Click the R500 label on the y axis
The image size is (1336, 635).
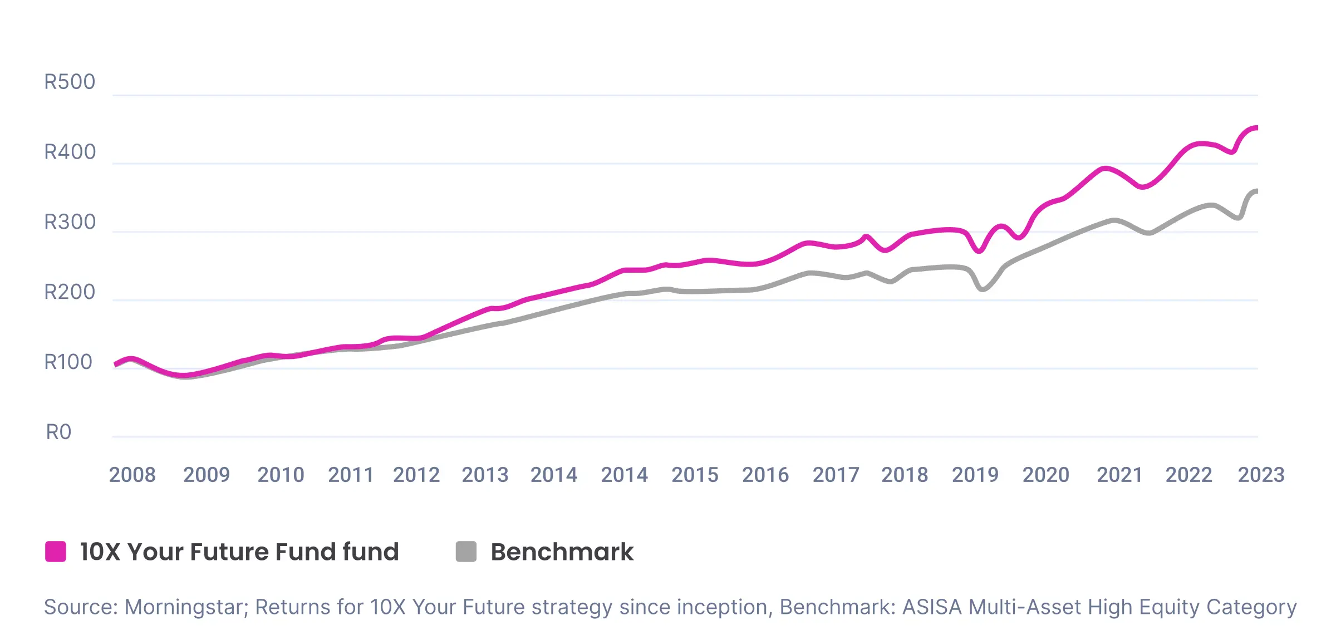click(70, 82)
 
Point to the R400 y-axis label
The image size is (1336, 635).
click(70, 152)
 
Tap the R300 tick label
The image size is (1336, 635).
click(70, 222)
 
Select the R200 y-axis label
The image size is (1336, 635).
click(70, 292)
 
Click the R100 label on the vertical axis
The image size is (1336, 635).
click(68, 362)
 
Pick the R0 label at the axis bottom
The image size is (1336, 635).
click(58, 432)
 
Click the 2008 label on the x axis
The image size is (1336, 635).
click(132, 475)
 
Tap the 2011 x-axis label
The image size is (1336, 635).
click(351, 475)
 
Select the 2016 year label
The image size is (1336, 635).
click(765, 475)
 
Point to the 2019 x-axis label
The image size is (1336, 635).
click(975, 475)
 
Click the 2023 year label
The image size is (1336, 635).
click(1261, 475)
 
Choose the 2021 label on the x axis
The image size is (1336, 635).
click(1119, 475)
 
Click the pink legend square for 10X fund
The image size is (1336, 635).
click(56, 552)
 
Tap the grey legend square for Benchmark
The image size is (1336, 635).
click(466, 552)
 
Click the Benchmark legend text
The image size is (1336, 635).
click(562, 552)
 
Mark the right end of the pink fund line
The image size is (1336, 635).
click(1256, 128)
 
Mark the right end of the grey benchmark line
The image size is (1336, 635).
click(1256, 191)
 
